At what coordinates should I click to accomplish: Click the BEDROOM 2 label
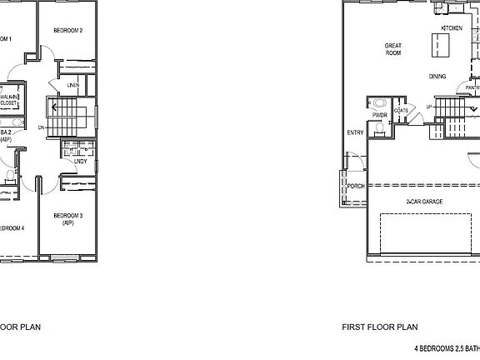[68, 31]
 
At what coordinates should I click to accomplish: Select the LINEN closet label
[73, 85]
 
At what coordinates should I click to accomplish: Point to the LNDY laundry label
[80, 161]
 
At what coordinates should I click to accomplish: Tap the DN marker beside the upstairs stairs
[42, 127]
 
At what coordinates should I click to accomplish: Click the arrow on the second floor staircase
[55, 107]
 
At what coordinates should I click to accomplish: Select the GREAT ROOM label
[393, 49]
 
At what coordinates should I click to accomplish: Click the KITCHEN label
[452, 27]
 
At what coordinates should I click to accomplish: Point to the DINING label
[437, 77]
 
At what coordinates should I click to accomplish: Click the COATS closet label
[402, 110]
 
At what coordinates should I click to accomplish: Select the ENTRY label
[355, 132]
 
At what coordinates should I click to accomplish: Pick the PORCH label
[356, 186]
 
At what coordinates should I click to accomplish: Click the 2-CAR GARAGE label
[423, 202]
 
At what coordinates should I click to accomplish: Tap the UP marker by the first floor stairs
[428, 107]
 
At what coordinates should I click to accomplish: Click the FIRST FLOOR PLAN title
[379, 327]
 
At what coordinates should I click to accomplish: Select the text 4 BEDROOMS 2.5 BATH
[447, 347]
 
